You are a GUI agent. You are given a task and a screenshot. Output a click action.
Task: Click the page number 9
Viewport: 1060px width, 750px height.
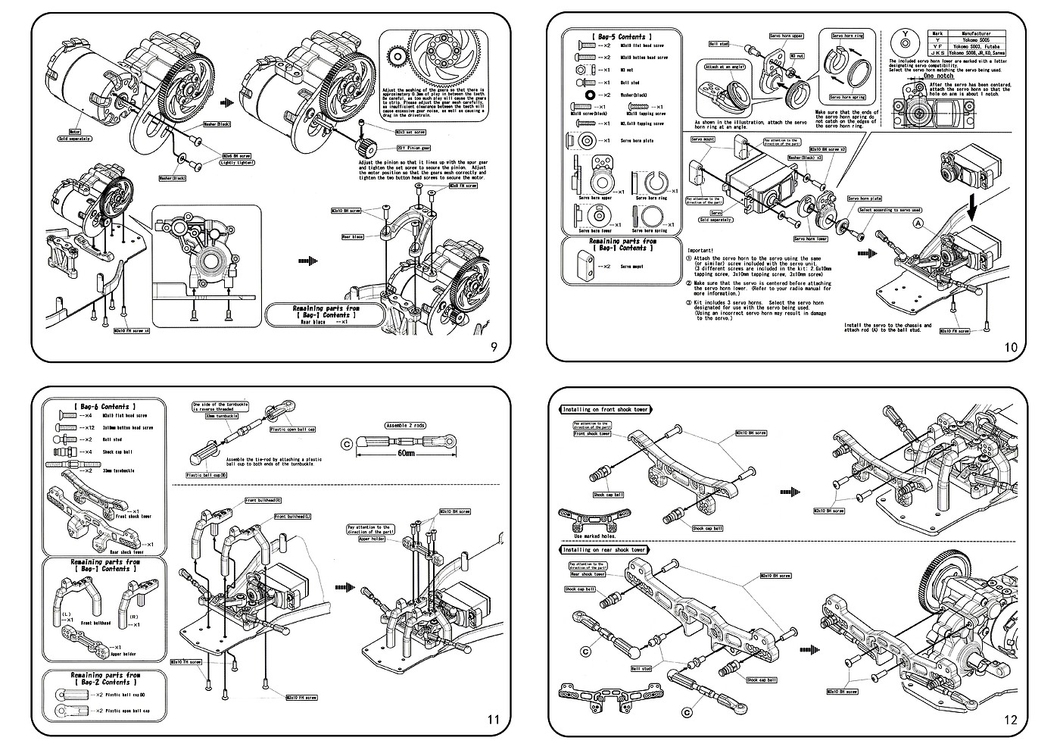(494, 348)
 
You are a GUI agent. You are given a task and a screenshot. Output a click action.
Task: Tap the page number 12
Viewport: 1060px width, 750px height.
(1012, 720)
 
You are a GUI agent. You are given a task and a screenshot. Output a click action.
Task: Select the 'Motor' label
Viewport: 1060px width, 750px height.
(75, 131)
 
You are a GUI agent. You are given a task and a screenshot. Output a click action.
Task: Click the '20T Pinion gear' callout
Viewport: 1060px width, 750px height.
(413, 148)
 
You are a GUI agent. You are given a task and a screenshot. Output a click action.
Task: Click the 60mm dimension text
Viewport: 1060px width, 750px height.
(405, 454)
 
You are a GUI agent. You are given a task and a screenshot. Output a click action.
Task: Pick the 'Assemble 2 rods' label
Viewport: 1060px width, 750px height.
(406, 426)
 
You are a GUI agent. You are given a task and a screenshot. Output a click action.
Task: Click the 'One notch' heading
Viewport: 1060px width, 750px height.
(938, 76)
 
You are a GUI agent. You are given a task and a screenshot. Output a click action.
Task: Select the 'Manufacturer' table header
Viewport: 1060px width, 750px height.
(980, 34)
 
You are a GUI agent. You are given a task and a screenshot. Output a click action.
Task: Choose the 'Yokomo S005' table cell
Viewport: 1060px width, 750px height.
(980, 41)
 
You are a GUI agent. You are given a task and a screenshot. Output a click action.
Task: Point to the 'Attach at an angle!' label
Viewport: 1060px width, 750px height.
(725, 67)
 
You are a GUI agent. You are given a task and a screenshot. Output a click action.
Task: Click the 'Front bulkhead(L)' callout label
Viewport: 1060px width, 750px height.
(292, 516)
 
